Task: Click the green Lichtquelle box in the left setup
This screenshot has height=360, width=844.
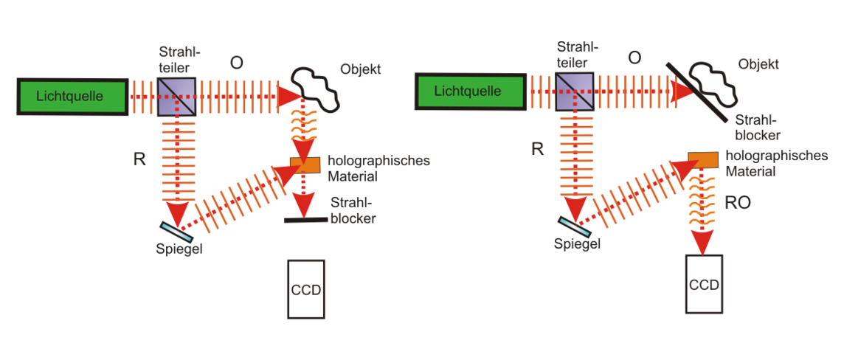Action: (72, 97)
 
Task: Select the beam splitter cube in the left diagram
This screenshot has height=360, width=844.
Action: (176, 97)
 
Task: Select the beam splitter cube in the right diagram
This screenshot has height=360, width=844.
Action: (575, 91)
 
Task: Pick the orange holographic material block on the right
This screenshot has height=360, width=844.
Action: (704, 159)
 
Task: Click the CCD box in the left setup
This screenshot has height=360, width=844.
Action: (306, 288)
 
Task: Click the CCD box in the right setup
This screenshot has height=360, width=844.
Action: (705, 283)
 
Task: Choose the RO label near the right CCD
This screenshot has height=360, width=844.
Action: (738, 203)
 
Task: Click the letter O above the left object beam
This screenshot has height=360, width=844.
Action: (236, 63)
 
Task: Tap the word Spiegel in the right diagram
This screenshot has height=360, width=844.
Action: (577, 243)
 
